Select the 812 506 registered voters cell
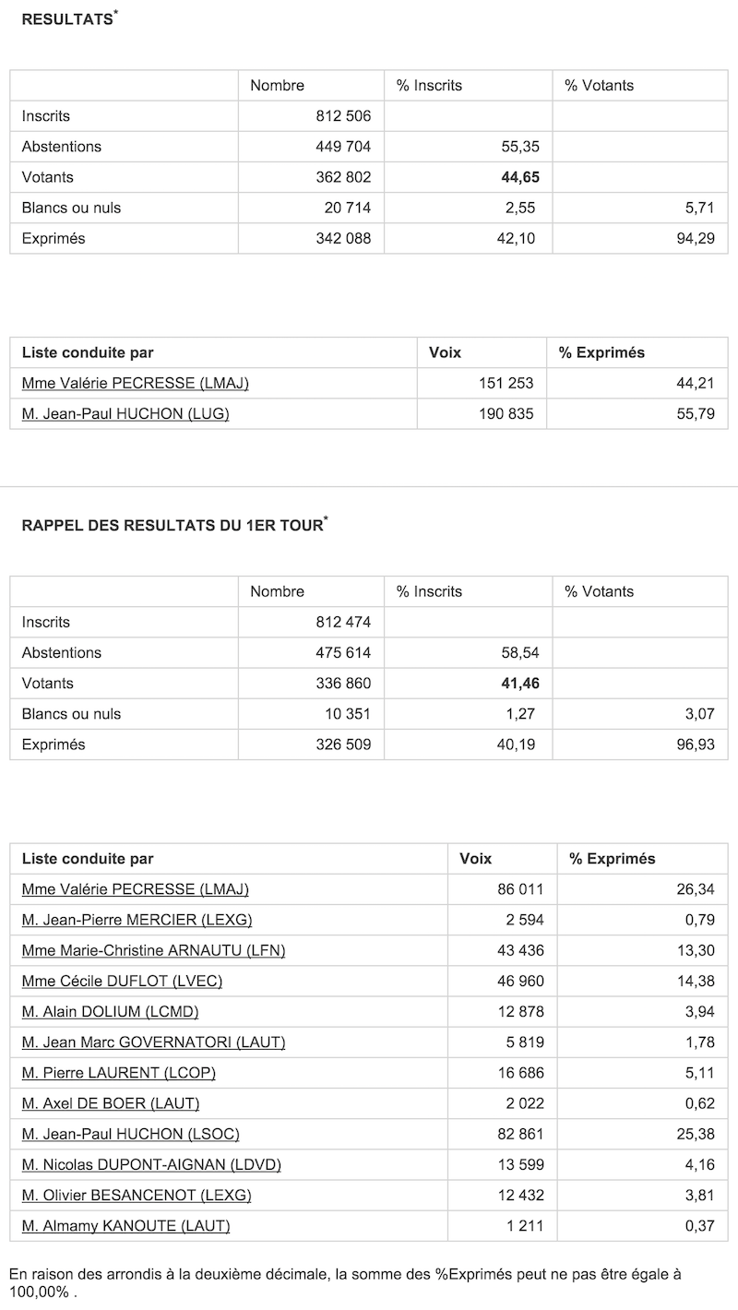click(343, 116)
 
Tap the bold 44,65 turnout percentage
click(518, 177)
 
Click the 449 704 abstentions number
click(343, 147)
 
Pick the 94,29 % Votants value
click(696, 238)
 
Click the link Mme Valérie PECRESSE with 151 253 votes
click(135, 383)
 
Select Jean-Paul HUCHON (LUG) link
click(125, 413)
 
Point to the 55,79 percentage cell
click(696, 413)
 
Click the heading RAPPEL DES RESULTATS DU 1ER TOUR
click(172, 526)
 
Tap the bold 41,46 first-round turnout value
click(518, 684)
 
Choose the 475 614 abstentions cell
click(343, 653)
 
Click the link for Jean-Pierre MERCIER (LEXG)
click(137, 920)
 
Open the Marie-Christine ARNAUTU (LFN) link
click(153, 950)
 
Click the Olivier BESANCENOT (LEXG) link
click(137, 1195)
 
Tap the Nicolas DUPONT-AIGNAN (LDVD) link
click(151, 1164)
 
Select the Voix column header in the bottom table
click(474, 859)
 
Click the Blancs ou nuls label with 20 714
click(71, 208)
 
